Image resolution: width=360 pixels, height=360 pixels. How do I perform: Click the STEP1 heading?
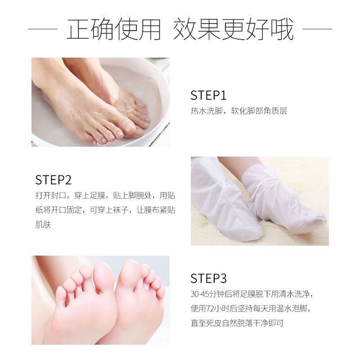point(208,95)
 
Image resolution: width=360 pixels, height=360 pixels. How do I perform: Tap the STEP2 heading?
point(54,180)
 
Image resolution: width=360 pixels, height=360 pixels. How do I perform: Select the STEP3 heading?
point(208,278)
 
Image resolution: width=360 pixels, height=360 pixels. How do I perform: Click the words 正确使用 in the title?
point(114,30)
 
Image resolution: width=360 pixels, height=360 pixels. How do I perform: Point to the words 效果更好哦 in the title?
point(234,30)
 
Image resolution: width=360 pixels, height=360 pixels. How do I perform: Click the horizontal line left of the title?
point(43,30)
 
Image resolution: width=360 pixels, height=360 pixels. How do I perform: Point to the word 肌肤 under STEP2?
point(43,225)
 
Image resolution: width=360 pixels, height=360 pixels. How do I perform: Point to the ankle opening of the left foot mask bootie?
point(207,164)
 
